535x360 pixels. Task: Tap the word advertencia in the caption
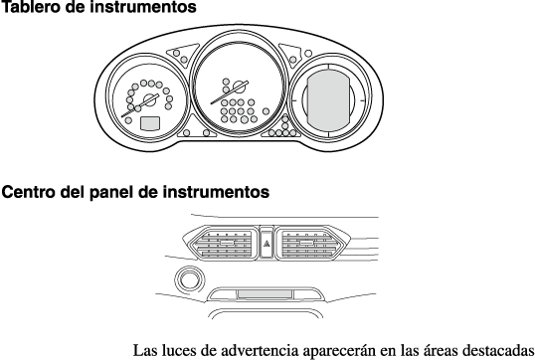[x=260, y=350]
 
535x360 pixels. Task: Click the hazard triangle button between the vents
[x=267, y=244]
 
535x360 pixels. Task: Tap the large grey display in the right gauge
[x=327, y=100]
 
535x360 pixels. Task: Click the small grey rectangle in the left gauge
[x=150, y=123]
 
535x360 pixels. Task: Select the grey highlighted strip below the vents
[x=265, y=294]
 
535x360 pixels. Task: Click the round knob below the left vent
[x=189, y=280]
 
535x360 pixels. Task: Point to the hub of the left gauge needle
[x=150, y=99]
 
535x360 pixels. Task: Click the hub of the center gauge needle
[x=240, y=87]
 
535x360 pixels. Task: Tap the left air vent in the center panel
[x=221, y=243]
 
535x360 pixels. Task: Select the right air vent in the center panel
[x=312, y=243]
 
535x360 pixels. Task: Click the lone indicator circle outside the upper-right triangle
[x=308, y=54]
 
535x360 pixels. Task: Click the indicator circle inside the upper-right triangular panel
[x=292, y=60]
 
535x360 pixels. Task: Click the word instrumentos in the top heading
[x=143, y=7]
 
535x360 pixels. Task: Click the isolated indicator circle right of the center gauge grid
[x=266, y=111]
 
